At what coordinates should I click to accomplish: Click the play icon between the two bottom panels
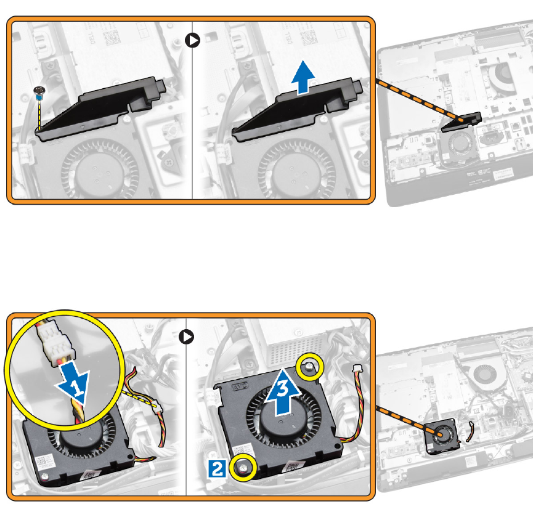(187, 337)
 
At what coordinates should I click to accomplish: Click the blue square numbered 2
(216, 468)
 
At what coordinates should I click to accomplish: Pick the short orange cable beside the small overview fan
(470, 431)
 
